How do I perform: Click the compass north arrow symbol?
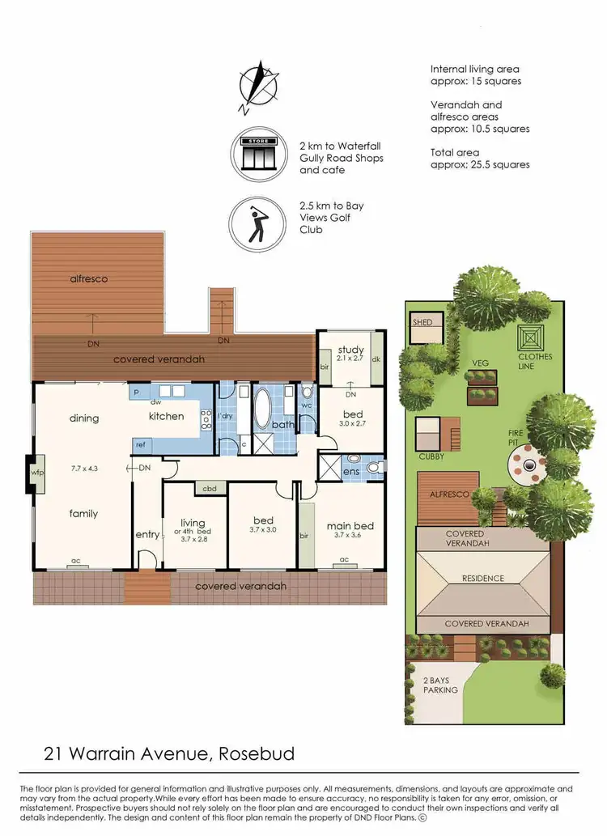[x=258, y=86]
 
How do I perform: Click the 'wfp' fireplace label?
[x=36, y=473]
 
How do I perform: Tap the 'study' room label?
[x=350, y=350]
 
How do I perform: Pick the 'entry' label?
[x=147, y=535]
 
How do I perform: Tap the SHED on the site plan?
[x=423, y=322]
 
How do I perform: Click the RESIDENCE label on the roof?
[x=483, y=578]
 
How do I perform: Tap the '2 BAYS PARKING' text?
[x=440, y=685]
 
